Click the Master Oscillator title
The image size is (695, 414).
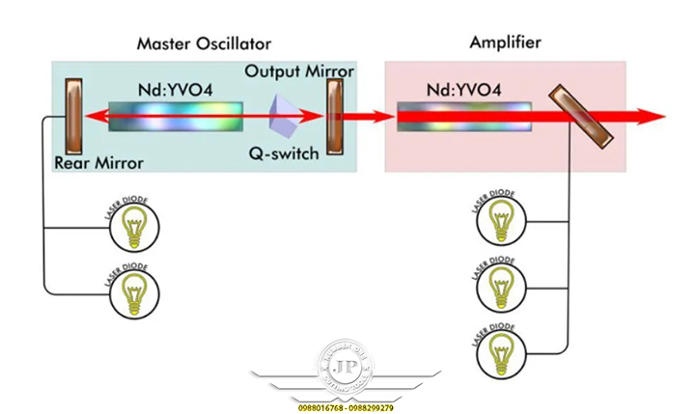pyautogui.click(x=204, y=43)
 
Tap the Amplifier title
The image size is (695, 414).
pyautogui.click(x=505, y=42)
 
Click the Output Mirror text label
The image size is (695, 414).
pyautogui.click(x=298, y=71)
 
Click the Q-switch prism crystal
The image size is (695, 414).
pyautogui.click(x=287, y=115)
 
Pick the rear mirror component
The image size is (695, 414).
pyautogui.click(x=73, y=117)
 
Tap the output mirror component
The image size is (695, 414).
pyautogui.click(x=336, y=117)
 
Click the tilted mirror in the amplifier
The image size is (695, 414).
pyautogui.click(x=580, y=118)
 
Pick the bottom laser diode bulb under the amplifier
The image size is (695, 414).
pyautogui.click(x=501, y=352)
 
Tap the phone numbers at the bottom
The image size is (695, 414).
pyautogui.click(x=347, y=408)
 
